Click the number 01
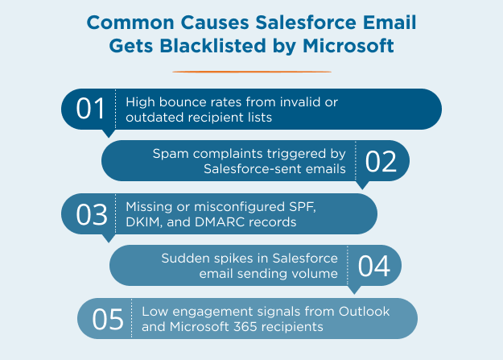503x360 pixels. [x=90, y=109]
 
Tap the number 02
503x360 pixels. [x=381, y=161]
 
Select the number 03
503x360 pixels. [x=91, y=214]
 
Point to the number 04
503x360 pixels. [x=373, y=266]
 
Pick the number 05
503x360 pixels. [x=107, y=319]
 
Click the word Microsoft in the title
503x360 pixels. [x=349, y=46]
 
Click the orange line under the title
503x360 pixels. [x=251, y=72]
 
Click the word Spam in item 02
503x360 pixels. [x=167, y=153]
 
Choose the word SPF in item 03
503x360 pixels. [x=295, y=206]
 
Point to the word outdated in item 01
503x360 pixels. [x=151, y=117]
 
